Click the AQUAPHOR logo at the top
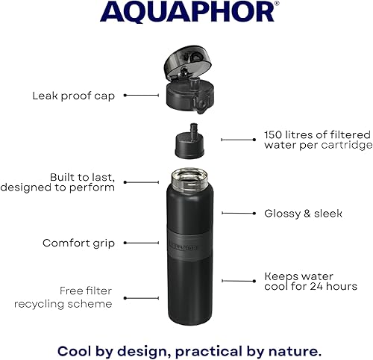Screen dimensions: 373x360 click(187, 12)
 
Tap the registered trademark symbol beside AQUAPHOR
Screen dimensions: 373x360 click(277, 3)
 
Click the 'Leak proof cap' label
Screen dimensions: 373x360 click(74, 96)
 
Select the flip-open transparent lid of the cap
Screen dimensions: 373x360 click(187, 62)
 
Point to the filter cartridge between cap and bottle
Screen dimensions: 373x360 click(189, 142)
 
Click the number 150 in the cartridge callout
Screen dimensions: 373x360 click(273, 134)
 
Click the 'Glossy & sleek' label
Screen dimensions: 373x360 click(303, 214)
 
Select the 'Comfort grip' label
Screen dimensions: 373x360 click(78, 243)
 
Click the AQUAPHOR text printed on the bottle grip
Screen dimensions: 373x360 click(184, 247)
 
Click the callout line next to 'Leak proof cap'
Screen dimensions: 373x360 click(141, 95)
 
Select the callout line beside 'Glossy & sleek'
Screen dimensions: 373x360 click(239, 213)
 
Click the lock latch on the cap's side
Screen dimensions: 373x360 click(201, 105)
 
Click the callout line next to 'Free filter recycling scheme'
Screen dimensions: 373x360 click(141, 298)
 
